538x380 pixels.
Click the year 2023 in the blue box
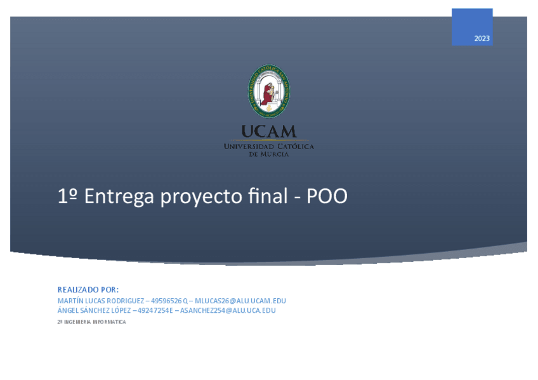coord(482,39)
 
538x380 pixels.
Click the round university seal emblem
coord(268,91)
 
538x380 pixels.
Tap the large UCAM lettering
coord(268,131)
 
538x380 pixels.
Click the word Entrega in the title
coord(119,197)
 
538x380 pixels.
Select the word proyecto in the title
coord(201,197)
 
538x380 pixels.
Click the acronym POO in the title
coord(327,196)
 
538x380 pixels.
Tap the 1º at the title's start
coord(67,196)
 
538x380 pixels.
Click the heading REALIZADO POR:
coord(88,290)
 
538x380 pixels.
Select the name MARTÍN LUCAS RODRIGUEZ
coord(101,301)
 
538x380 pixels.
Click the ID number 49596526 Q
coord(169,301)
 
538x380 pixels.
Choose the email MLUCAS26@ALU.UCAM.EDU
coord(240,301)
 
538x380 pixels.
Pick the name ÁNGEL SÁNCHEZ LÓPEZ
coord(94,310)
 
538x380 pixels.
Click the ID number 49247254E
coord(155,311)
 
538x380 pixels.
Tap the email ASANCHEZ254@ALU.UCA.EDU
coord(228,311)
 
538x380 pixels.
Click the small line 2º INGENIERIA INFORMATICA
coord(91,322)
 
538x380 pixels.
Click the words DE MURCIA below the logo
coord(268,154)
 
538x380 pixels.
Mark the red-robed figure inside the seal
coord(267,94)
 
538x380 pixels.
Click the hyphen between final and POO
coord(297,198)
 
